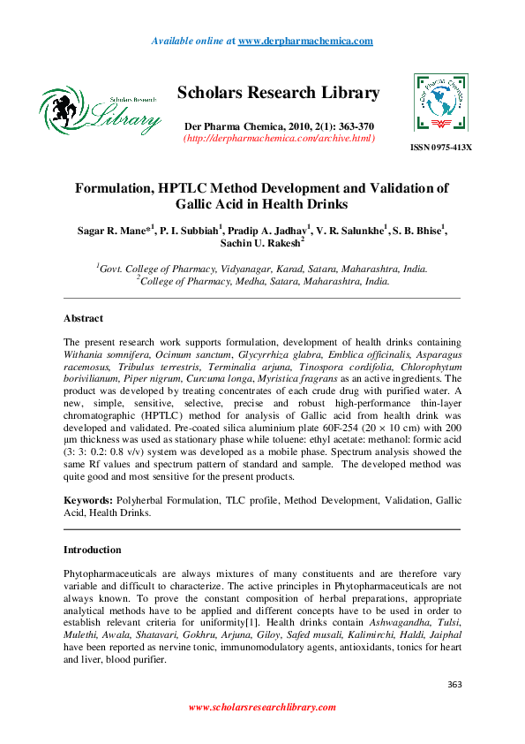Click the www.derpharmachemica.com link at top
click(x=305, y=42)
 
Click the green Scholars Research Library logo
click(x=100, y=110)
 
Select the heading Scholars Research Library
click(x=278, y=93)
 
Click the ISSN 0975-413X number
click(x=441, y=146)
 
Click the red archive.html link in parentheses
click(x=279, y=138)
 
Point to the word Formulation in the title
click(x=119, y=188)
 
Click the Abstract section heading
click(x=83, y=318)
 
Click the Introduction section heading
click(x=92, y=550)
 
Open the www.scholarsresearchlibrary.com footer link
click(x=262, y=707)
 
